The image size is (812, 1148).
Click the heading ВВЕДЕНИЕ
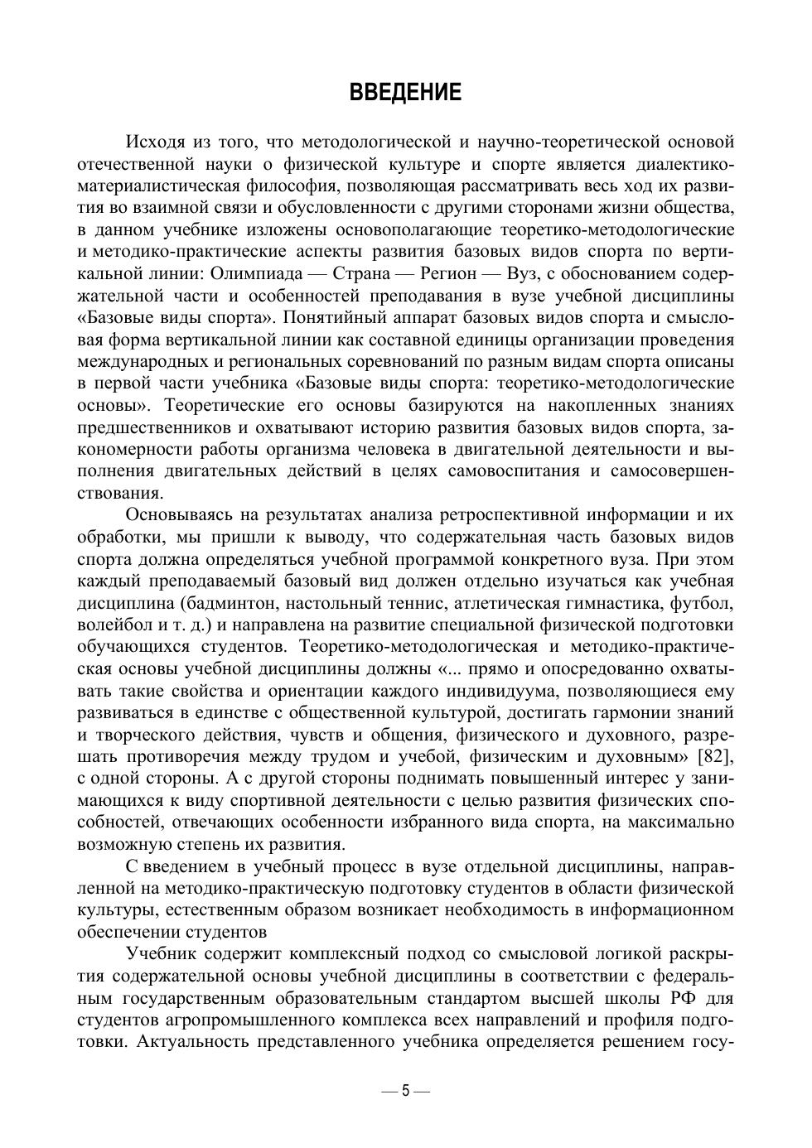(405, 92)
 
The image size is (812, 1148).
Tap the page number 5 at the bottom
(405, 1090)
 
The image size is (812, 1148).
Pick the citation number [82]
(716, 756)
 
